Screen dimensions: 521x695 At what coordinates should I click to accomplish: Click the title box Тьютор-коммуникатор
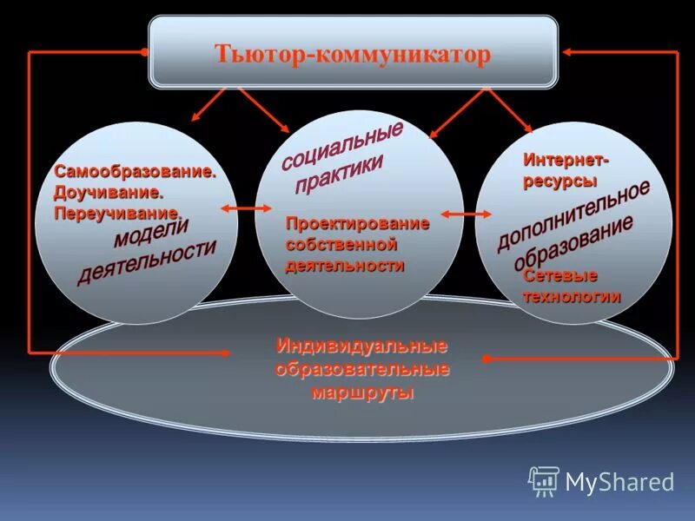point(353,55)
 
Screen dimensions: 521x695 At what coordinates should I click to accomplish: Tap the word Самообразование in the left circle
point(134,172)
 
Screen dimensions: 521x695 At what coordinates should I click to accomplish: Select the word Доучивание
point(109,192)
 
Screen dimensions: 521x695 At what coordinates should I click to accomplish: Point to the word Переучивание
point(117,212)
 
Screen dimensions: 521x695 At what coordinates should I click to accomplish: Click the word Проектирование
point(358,224)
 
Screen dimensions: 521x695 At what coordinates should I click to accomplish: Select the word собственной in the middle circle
point(341,245)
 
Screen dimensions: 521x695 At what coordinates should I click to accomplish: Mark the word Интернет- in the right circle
point(566,162)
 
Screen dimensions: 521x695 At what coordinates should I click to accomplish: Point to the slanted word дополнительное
point(573,216)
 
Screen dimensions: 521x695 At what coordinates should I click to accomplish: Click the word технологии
point(572,295)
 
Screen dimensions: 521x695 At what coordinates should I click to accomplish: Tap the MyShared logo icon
point(544,480)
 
